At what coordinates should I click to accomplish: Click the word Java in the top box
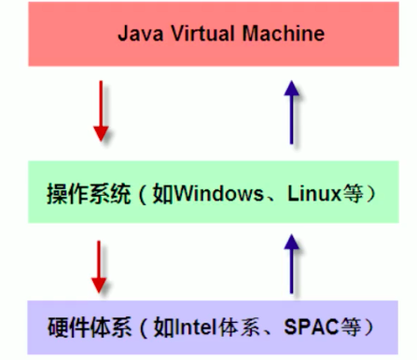point(138,35)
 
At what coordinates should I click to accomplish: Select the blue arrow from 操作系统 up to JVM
point(293,113)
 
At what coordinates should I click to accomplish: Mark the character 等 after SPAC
point(347,328)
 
